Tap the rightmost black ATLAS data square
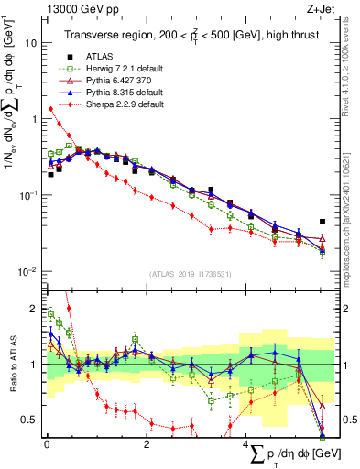click(322, 222)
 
